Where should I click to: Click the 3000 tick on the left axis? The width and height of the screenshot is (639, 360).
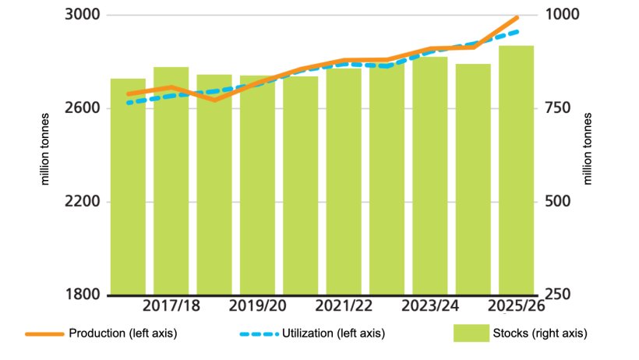click(x=80, y=16)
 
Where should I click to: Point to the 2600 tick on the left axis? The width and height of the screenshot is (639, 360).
click(x=80, y=108)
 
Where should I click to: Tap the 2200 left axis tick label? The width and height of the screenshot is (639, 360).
click(x=80, y=202)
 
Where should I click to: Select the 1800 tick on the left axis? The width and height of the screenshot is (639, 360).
click(x=80, y=295)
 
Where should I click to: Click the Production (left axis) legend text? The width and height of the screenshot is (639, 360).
click(x=123, y=334)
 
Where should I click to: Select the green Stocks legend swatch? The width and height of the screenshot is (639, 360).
click(x=470, y=334)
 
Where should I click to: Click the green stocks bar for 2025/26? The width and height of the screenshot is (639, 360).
click(x=517, y=171)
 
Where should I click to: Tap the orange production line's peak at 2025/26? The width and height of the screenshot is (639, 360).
click(x=517, y=17)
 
